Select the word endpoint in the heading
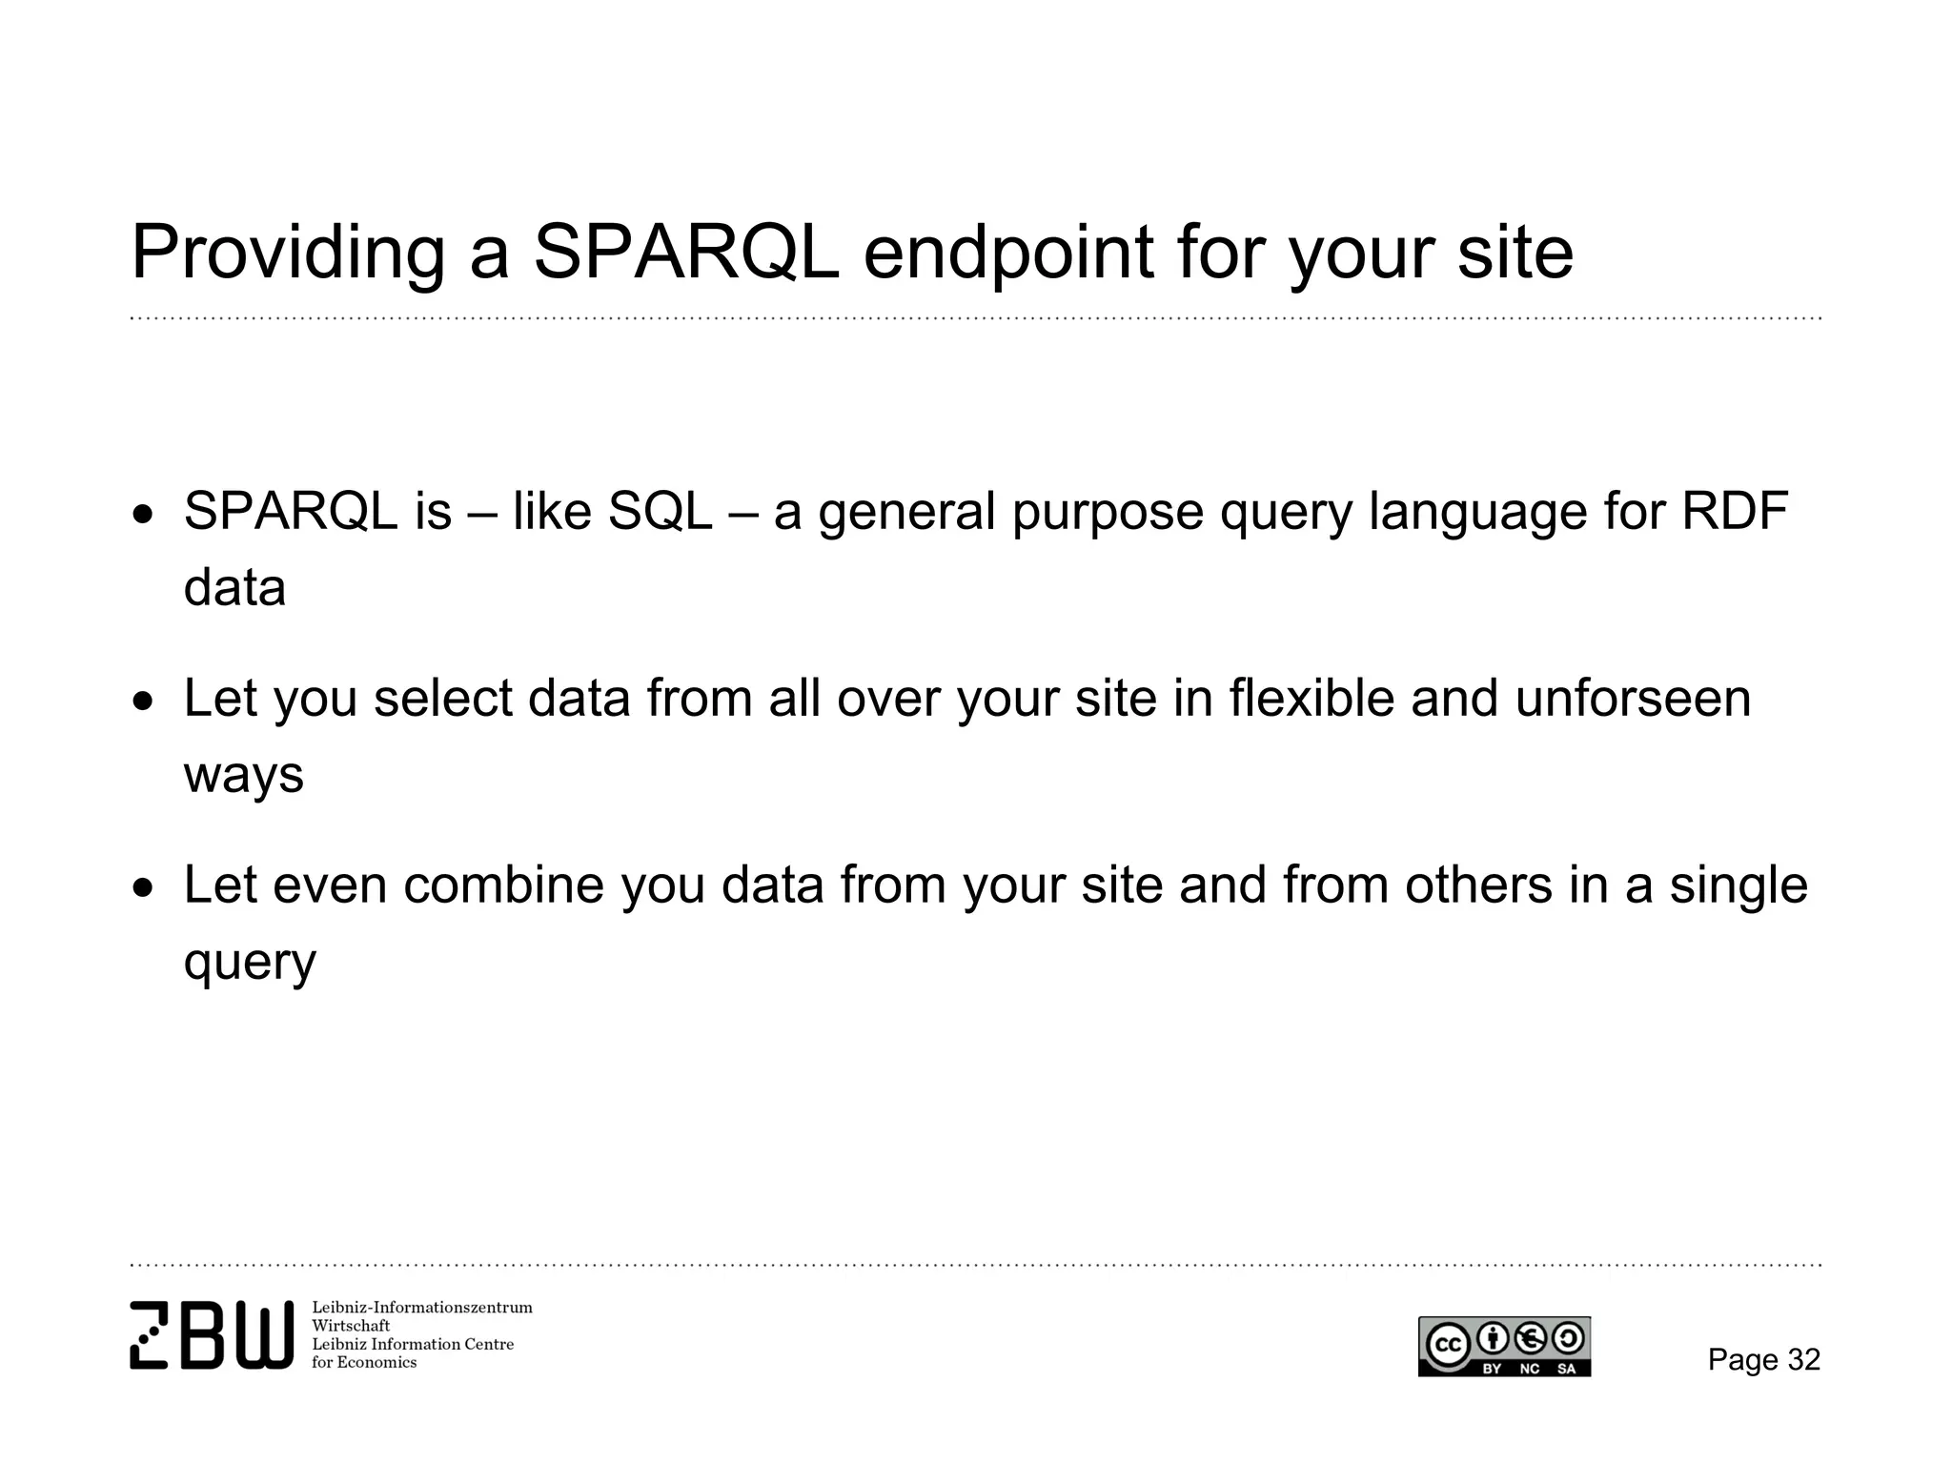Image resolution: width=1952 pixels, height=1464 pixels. tap(1008, 254)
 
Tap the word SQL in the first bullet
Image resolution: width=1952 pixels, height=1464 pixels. tap(660, 511)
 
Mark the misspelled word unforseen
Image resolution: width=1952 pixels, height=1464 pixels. tap(1633, 698)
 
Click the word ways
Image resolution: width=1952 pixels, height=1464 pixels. tap(243, 774)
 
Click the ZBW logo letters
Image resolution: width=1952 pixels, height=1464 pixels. tap(212, 1335)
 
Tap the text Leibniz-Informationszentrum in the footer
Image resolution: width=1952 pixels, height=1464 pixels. tap(421, 1308)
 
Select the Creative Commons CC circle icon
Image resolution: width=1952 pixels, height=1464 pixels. tap(1447, 1344)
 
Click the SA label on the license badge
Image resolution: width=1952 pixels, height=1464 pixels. tap(1566, 1370)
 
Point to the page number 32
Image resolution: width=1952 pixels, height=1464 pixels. tap(1803, 1360)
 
